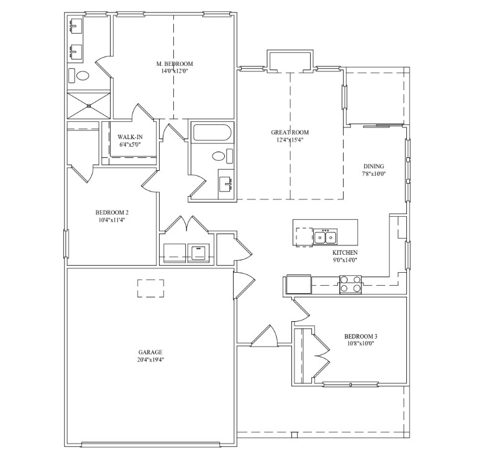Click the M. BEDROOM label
click(175, 64)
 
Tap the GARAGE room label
click(150, 352)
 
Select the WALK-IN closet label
click(130, 137)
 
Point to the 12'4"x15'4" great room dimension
click(290, 140)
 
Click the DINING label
click(374, 167)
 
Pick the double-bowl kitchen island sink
click(325, 237)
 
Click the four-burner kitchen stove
click(350, 285)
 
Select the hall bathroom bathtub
click(212, 132)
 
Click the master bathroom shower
click(89, 105)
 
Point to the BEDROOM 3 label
click(360, 336)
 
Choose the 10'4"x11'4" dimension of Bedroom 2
click(112, 220)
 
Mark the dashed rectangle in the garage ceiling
click(150, 288)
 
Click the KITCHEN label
click(345, 252)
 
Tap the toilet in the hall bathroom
click(222, 156)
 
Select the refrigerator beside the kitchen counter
click(298, 285)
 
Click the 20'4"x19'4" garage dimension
click(150, 360)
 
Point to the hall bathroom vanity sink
click(226, 184)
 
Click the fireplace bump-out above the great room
click(290, 62)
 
